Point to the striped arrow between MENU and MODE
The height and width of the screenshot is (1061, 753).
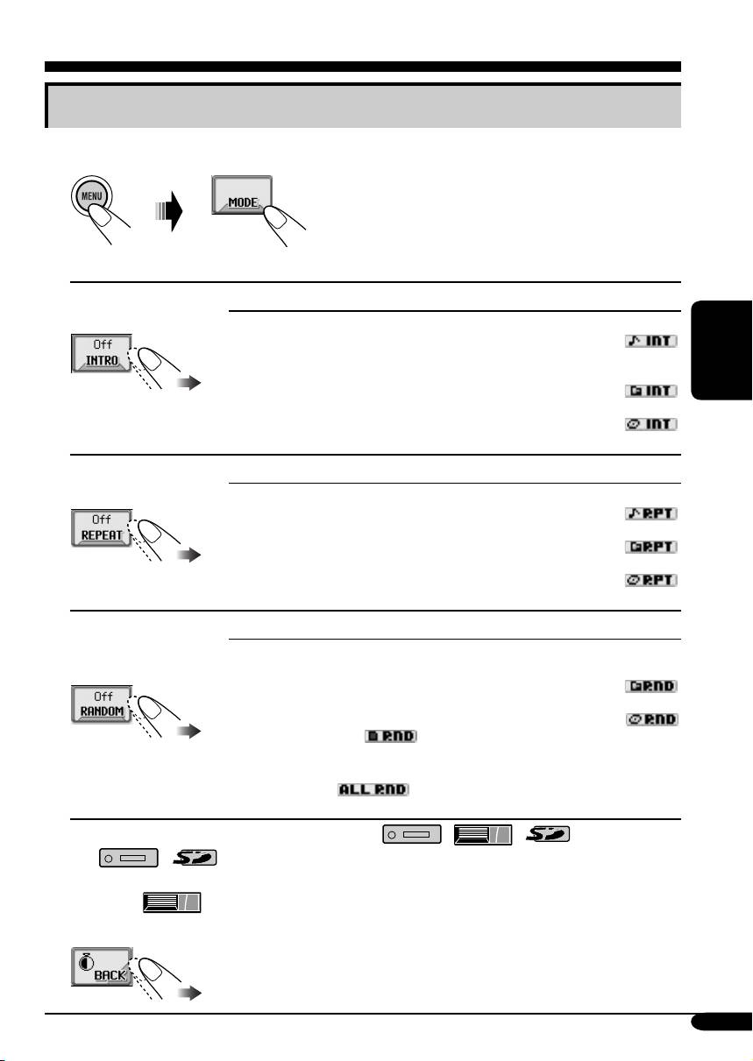pos(167,212)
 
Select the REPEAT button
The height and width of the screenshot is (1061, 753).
pos(102,528)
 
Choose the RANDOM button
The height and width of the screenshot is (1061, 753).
pos(102,705)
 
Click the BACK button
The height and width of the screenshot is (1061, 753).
pos(101,967)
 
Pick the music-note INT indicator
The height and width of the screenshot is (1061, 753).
pos(652,340)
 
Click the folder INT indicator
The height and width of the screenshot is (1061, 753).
pos(652,390)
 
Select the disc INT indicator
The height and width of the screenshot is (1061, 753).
pos(652,424)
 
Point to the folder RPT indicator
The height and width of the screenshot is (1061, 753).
pos(652,547)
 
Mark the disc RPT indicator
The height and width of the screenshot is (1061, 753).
pos(652,580)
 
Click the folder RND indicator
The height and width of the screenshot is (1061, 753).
pos(652,685)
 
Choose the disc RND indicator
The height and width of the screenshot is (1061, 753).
pos(652,719)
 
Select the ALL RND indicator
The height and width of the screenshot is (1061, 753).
pos(373,789)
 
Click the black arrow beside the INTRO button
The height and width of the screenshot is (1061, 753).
pos(188,383)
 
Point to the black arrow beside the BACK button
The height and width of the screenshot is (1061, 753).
pos(188,994)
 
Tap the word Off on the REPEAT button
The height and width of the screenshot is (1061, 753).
pos(102,519)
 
